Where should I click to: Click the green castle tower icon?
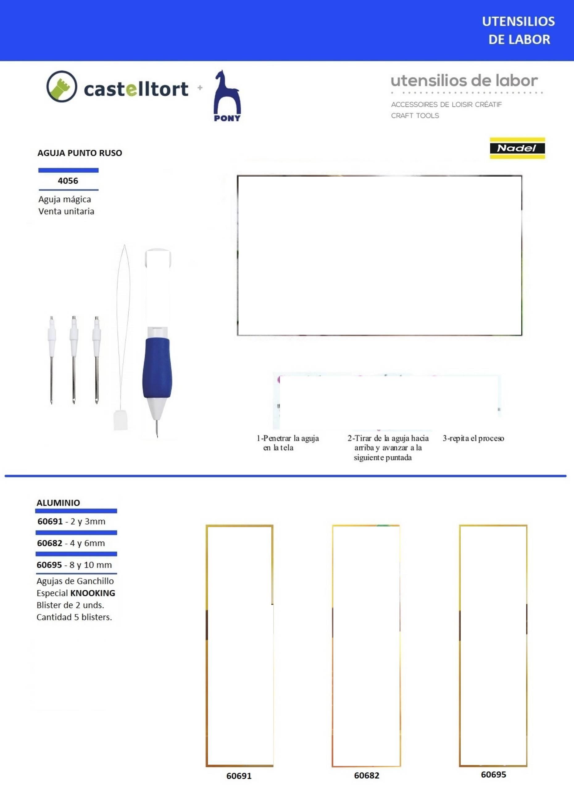[x=61, y=87]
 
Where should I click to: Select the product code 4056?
[x=68, y=181]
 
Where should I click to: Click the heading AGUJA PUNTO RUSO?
[x=80, y=153]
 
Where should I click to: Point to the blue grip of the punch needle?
[x=157, y=368]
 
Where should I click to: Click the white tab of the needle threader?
[x=120, y=419]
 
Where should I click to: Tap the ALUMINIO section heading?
[x=58, y=502]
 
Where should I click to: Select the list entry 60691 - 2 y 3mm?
[x=71, y=521]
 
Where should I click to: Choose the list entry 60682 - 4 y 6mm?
[x=71, y=543]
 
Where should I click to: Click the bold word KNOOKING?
[x=93, y=593]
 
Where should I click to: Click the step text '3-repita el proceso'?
[x=473, y=438]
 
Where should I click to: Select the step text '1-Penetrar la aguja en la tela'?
[x=287, y=443]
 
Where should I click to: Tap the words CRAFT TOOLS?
[x=415, y=115]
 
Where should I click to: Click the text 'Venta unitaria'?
[x=66, y=211]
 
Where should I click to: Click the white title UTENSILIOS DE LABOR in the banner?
[x=518, y=30]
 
